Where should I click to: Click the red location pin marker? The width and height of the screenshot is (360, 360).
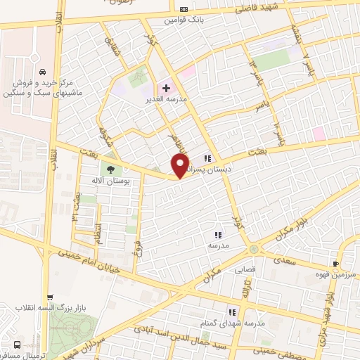tap(180, 166)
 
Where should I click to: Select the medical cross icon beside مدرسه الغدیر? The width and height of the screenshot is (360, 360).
tap(166, 89)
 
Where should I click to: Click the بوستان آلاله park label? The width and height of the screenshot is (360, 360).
tap(108, 181)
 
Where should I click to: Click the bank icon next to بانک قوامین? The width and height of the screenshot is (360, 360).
tap(184, 9)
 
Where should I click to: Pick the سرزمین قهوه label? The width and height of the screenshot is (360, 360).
tap(335, 274)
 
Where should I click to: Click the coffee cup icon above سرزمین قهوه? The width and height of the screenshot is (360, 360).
tap(335, 264)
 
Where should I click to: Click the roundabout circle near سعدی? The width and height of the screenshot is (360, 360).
tap(253, 250)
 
